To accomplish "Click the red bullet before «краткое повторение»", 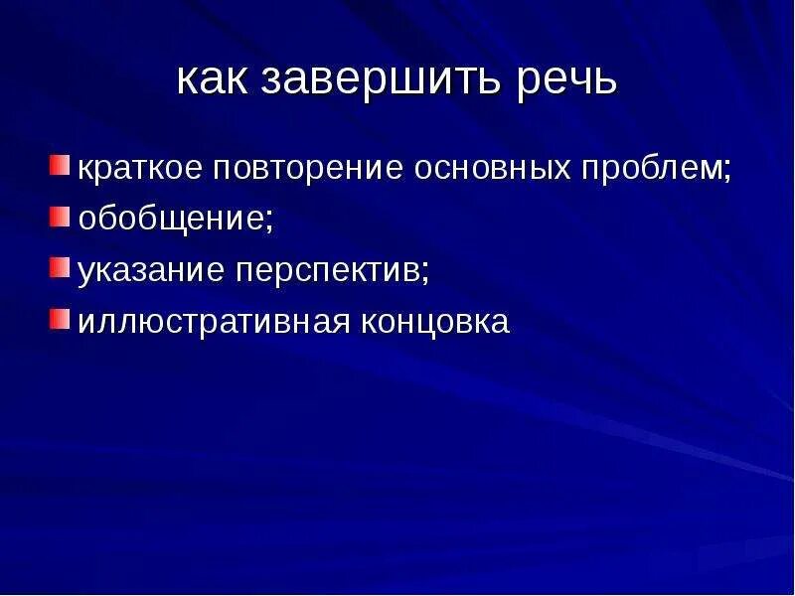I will click(x=61, y=162).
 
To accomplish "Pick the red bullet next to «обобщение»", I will click(x=61, y=215).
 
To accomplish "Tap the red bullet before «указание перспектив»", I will click(x=61, y=267).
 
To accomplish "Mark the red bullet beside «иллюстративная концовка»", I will click(x=61, y=320).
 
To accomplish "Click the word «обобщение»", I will click(x=170, y=219).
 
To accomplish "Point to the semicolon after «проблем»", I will click(x=727, y=170).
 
